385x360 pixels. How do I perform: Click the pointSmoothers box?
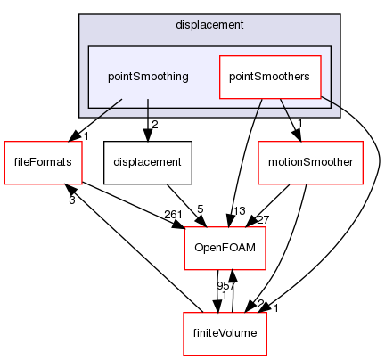coord(270,77)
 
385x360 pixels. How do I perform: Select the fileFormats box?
coord(43,162)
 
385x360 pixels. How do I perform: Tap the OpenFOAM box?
coord(225,248)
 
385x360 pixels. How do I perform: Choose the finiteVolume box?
coord(225,333)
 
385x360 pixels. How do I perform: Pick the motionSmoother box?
coord(310,162)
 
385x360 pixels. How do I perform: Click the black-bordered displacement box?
coord(148,162)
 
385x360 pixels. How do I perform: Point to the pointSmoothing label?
coord(148,77)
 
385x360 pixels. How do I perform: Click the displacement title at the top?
coord(209,25)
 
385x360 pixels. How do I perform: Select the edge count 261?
coord(173,214)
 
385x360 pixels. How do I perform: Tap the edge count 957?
coord(225,286)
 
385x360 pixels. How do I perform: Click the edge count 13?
coord(240,210)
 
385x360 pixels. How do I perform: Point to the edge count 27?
coord(263,219)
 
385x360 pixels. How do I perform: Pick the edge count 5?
coord(201,209)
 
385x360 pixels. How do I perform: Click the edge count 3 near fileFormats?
coord(72,200)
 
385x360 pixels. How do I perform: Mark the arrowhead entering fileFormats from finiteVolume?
coord(70,189)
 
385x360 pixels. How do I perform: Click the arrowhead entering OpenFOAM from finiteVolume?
coord(233,276)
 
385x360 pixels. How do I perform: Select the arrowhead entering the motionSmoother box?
coord(297,135)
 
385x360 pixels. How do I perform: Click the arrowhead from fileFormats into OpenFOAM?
coord(179,225)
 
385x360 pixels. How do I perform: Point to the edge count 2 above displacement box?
coord(154,125)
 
